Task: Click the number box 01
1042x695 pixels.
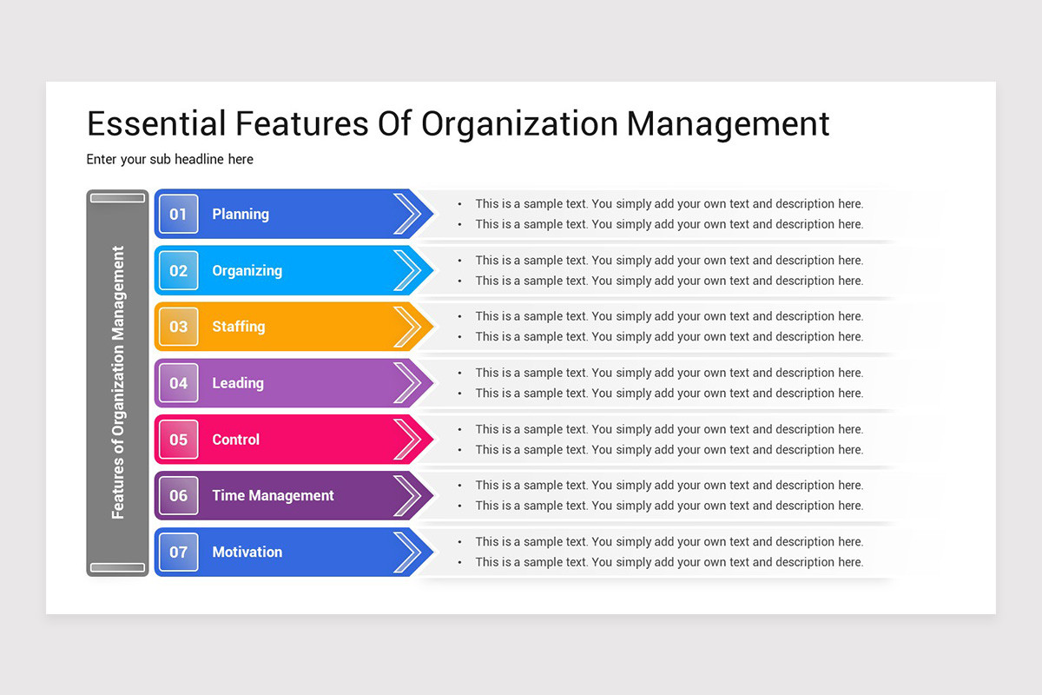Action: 178,214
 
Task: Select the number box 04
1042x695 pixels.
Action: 178,383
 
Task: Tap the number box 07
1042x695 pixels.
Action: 178,552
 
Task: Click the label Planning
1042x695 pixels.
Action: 241,214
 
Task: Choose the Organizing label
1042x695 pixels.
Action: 247,270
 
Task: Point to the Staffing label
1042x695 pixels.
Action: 239,327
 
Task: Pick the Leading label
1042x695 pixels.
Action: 238,383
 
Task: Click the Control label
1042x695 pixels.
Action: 235,440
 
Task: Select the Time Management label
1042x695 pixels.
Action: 273,495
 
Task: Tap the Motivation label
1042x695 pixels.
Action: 247,552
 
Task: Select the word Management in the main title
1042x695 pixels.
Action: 728,123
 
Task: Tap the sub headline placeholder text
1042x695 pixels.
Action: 169,159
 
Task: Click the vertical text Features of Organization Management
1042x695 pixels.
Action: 118,383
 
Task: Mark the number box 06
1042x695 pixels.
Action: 178,495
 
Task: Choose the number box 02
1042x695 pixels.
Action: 178,270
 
